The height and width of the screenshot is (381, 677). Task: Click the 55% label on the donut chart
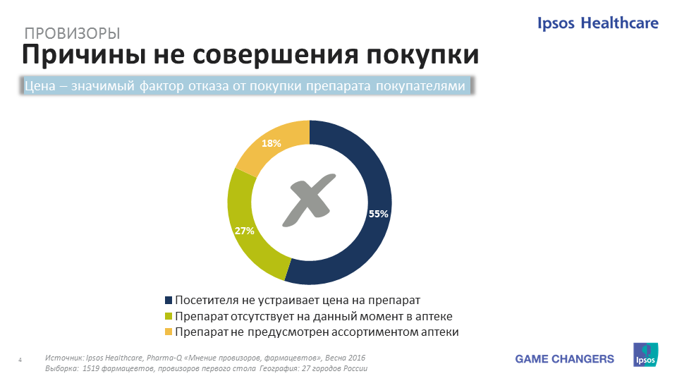pyautogui.click(x=378, y=214)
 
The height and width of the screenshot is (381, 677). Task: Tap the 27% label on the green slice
pyautogui.click(x=245, y=231)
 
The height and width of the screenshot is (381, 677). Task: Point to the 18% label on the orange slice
pyautogui.click(x=271, y=143)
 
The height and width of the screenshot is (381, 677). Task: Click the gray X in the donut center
pyautogui.click(x=309, y=200)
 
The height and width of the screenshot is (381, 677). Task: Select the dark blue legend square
pyautogui.click(x=169, y=300)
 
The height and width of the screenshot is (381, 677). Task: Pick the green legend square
pyautogui.click(x=169, y=316)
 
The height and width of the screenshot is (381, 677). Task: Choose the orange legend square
pyautogui.click(x=169, y=332)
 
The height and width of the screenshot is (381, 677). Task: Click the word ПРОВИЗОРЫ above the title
pyautogui.click(x=72, y=33)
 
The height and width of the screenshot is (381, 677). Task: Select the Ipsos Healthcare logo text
pyautogui.click(x=598, y=23)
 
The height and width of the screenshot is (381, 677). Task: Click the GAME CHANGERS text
pyautogui.click(x=564, y=359)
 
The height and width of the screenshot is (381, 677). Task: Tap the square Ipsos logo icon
pyautogui.click(x=645, y=355)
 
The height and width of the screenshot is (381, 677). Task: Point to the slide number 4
pyautogui.click(x=20, y=359)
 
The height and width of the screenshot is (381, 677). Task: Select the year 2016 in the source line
pyautogui.click(x=357, y=358)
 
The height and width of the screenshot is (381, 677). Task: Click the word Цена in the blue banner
pyautogui.click(x=40, y=86)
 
